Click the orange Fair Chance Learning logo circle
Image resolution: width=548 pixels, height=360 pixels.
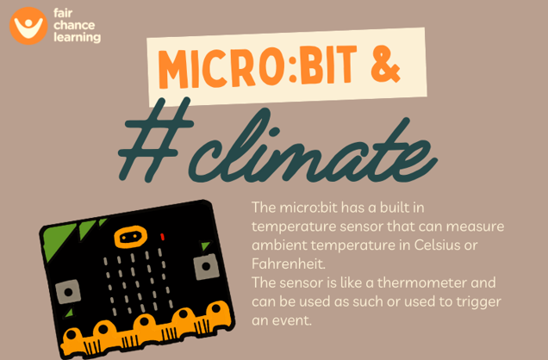(x=28, y=26)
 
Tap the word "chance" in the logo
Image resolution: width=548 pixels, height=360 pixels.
(x=74, y=25)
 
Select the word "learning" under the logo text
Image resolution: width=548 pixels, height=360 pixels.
(x=78, y=37)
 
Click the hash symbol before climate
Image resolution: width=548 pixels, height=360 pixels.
(x=156, y=139)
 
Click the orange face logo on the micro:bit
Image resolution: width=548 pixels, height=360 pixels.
(x=130, y=237)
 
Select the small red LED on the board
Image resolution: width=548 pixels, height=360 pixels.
(x=163, y=237)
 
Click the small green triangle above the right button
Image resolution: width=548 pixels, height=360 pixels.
(x=205, y=246)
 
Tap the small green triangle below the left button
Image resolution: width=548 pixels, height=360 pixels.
(x=70, y=313)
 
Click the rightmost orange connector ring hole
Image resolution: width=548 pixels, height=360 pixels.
(x=216, y=308)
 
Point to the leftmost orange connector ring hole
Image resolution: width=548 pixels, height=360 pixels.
(x=72, y=335)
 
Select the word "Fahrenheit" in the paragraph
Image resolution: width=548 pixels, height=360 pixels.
(x=289, y=264)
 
